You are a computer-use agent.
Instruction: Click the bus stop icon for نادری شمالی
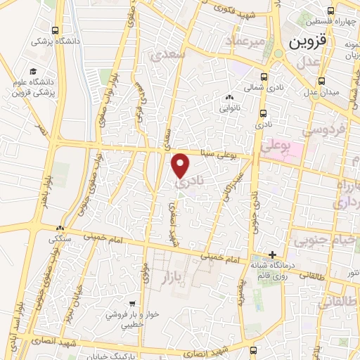264,77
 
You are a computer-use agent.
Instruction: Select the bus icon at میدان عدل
322,81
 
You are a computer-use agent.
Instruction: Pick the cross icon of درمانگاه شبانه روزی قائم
274,255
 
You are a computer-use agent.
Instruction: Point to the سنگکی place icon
60,229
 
